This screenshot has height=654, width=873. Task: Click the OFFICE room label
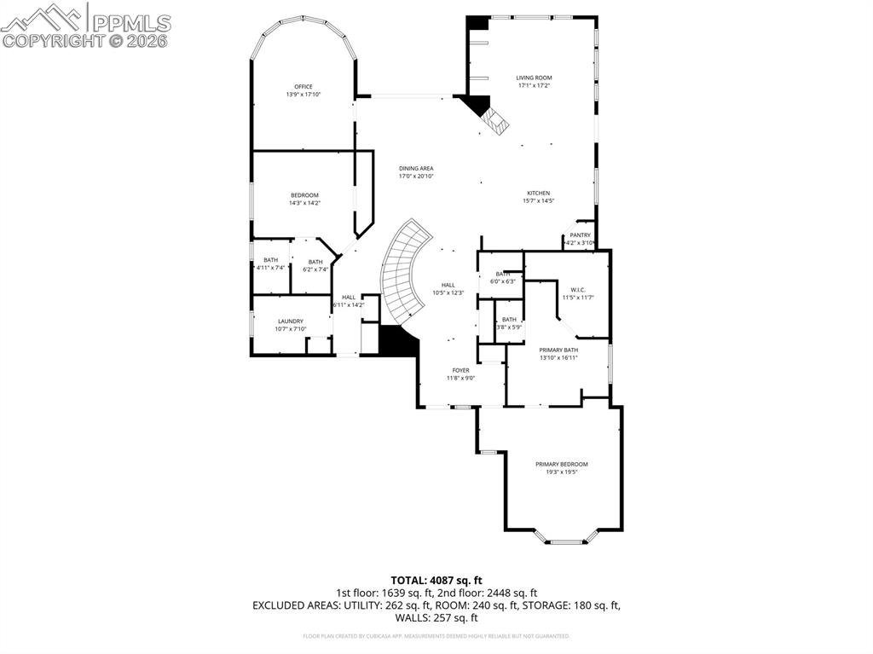click(304, 87)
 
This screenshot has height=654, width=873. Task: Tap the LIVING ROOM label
click(535, 78)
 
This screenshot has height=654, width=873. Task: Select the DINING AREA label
click(416, 169)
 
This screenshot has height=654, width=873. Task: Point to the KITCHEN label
click(538, 194)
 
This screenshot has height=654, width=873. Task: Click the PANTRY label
click(580, 235)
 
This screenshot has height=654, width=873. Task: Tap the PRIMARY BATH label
click(558, 350)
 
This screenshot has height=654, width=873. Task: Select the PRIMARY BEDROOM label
click(562, 465)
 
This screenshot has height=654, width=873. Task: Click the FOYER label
click(460, 370)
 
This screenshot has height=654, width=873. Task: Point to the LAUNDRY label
click(290, 321)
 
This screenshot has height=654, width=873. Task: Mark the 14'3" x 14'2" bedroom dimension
click(304, 203)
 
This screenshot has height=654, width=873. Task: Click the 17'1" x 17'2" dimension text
click(535, 85)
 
